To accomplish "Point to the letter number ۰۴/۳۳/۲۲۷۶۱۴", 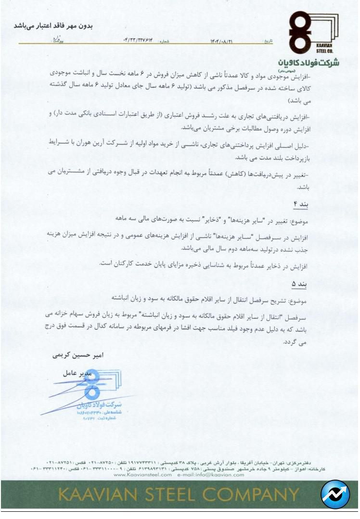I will tap(140, 42).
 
